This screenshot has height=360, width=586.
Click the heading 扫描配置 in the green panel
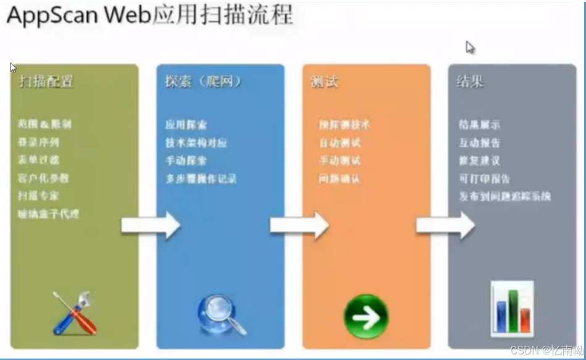pos(46,82)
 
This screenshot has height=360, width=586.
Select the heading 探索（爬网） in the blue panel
pos(203,82)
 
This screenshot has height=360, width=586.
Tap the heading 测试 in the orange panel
pos(324,82)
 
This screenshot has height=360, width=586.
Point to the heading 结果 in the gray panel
pos(470,82)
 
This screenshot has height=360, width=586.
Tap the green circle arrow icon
pos(366,316)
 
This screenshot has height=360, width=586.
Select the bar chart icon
pos(512,308)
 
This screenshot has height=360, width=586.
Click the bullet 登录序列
pos(39,142)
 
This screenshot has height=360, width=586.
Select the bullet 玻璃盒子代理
pos(48,214)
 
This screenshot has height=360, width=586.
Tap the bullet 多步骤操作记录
pos(201,179)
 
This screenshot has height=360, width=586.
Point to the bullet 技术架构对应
pos(196,143)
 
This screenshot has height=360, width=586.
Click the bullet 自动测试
pos(340,143)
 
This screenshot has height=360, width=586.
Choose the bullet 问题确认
pos(340,179)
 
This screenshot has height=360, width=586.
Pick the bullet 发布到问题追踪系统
pos(504,196)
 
